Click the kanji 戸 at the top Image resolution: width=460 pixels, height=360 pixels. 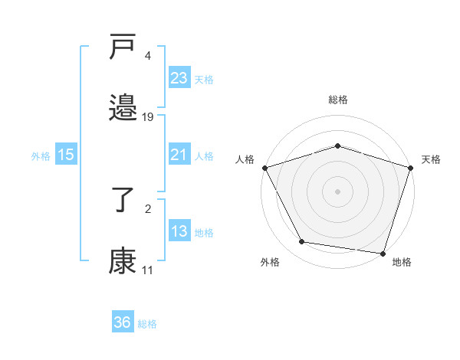[123, 47]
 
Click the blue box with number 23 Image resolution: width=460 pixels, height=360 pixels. [179, 77]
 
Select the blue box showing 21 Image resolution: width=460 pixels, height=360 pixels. [179, 155]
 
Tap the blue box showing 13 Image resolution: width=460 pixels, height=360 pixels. [179, 231]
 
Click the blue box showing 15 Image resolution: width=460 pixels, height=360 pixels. [66, 155]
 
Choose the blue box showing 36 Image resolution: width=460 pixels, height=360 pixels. [122, 322]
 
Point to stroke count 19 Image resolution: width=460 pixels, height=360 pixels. [148, 117]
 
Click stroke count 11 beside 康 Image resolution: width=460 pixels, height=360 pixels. [147, 270]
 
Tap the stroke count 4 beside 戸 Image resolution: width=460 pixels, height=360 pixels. [147, 56]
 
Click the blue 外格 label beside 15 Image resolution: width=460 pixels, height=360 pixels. [41, 155]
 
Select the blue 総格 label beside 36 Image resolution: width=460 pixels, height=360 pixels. [147, 324]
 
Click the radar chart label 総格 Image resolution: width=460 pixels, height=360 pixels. [337, 100]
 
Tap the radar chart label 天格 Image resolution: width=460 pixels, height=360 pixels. [432, 159]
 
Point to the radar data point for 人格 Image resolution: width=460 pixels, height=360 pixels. [264, 167]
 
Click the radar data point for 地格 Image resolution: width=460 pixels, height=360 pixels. [383, 253]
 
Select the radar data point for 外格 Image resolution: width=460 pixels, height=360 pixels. [302, 242]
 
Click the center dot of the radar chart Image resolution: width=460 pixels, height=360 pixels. [337, 191]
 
